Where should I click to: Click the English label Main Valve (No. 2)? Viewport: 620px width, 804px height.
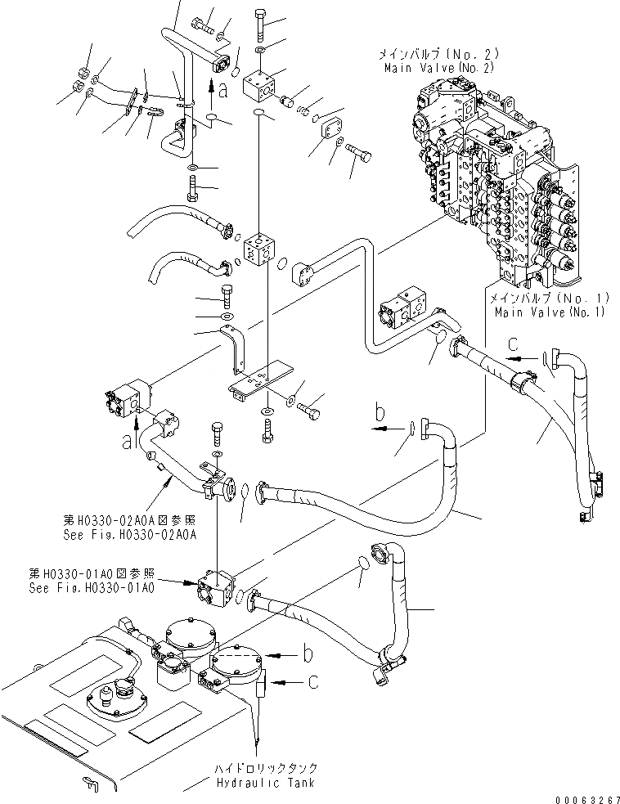point(438,67)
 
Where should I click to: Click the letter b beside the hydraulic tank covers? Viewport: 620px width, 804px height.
point(307,654)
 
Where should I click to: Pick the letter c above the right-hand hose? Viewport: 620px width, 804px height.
point(514,344)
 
